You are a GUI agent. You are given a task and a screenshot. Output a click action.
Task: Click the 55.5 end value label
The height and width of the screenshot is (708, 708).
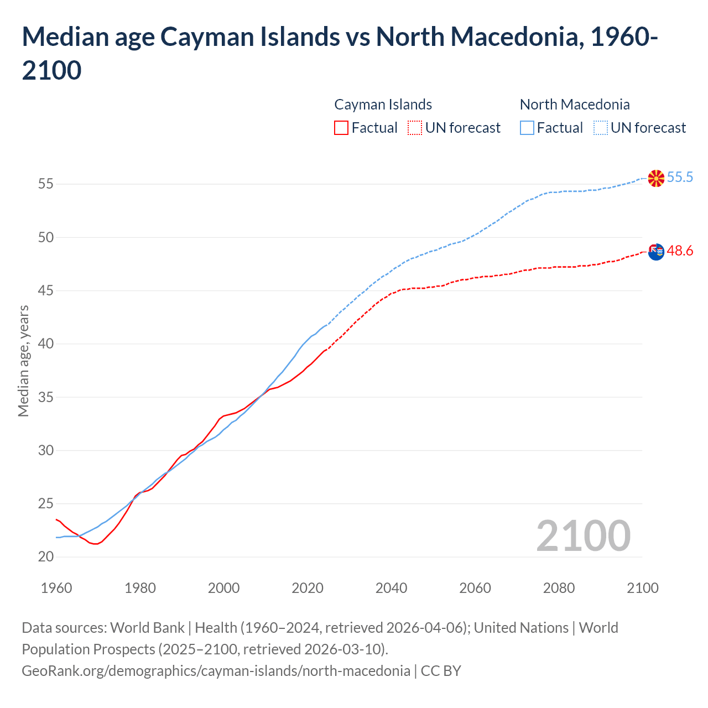680,177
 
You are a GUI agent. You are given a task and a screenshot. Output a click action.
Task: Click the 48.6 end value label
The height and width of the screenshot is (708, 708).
680,251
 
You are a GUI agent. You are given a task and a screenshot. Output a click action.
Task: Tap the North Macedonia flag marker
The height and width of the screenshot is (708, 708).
656,178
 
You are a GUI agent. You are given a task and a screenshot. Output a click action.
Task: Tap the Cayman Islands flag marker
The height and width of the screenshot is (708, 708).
656,252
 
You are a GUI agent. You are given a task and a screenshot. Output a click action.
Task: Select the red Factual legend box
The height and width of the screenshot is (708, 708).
341,128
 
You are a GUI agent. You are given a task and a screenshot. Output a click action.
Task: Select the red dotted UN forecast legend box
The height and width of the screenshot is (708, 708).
415,128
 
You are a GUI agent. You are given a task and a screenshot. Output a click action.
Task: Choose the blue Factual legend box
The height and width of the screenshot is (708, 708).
527,128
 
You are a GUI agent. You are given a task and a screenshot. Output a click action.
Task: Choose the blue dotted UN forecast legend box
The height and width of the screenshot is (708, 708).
600,128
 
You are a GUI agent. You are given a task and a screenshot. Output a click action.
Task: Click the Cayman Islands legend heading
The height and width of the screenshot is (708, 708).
383,105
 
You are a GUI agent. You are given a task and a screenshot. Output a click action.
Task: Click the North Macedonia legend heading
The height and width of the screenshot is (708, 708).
575,105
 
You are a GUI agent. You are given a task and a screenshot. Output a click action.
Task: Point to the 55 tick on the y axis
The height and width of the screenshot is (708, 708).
46,184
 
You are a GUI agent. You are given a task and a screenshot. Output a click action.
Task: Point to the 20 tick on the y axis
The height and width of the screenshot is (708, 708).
46,557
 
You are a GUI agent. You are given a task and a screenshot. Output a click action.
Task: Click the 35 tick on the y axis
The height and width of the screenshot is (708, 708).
46,397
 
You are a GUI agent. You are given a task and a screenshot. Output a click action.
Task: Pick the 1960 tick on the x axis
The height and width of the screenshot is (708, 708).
56,588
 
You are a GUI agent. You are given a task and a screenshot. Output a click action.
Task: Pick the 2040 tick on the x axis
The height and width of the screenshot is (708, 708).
391,588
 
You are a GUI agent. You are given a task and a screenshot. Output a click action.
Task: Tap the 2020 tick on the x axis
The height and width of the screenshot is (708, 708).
308,588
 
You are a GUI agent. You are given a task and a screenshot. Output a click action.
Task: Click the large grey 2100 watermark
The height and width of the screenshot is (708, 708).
583,536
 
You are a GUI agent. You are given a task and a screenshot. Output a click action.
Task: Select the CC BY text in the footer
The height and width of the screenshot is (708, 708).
441,671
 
